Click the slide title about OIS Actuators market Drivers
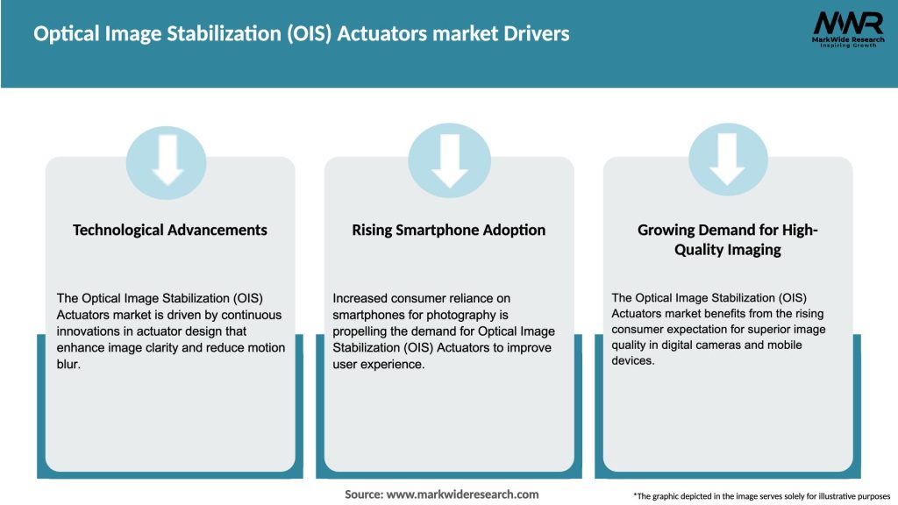(301, 34)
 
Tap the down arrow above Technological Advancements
(167, 159)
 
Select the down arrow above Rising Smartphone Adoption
(449, 159)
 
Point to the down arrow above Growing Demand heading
(727, 159)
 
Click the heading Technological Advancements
(170, 230)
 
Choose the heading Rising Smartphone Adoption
(449, 230)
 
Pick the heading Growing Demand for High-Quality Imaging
(727, 239)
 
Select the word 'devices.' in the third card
(633, 360)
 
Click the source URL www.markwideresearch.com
(462, 494)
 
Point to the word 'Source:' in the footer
(364, 494)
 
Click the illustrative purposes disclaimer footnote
(761, 496)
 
